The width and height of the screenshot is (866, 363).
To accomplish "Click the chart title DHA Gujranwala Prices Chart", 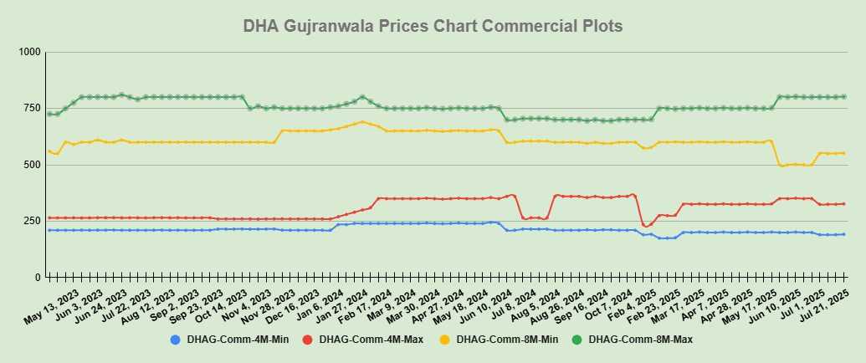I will point(433,26).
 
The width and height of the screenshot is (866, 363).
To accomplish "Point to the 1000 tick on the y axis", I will point(29,52).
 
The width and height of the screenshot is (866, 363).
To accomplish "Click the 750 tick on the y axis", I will point(32,108).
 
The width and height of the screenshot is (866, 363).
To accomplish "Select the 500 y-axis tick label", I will point(32,165).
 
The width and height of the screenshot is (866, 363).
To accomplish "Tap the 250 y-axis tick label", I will point(32,221).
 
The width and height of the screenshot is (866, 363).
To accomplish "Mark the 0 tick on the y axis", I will point(37,277).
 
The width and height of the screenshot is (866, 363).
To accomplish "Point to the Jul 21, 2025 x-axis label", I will point(828,303).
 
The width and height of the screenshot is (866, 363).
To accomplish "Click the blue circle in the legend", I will point(175,340).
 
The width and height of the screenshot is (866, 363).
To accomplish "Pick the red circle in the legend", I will point(307,340).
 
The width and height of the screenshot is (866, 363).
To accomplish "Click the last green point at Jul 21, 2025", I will point(843,97).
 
